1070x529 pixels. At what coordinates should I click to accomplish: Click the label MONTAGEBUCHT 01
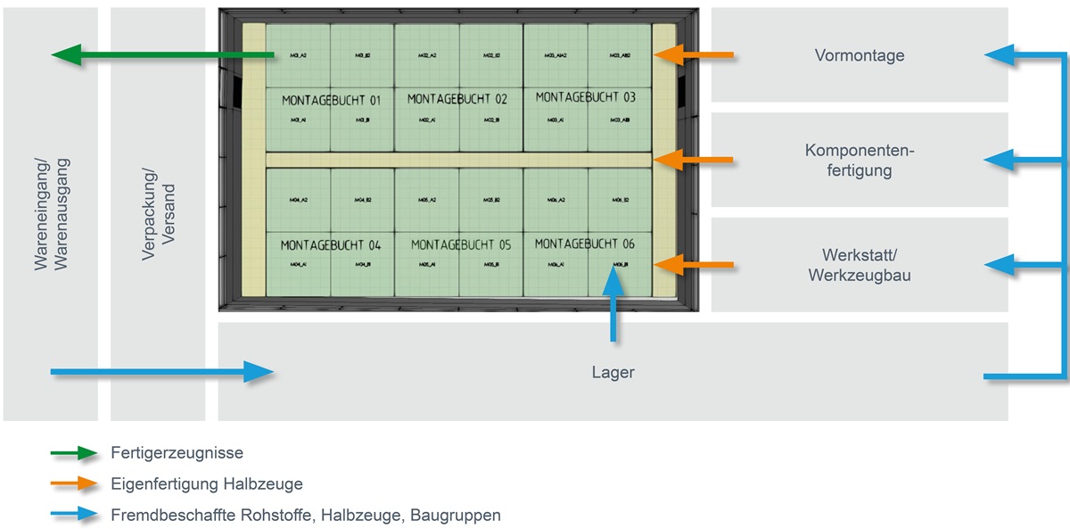click(331, 100)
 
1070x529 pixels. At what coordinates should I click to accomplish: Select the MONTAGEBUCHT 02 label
click(457, 98)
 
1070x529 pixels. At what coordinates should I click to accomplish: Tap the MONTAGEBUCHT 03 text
click(586, 97)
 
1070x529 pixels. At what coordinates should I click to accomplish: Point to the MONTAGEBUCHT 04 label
click(331, 244)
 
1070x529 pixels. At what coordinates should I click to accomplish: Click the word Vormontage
click(860, 55)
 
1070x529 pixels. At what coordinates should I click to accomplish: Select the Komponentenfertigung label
click(860, 160)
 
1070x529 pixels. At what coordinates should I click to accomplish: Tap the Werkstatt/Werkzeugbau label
click(860, 265)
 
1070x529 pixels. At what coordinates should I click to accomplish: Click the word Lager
click(613, 372)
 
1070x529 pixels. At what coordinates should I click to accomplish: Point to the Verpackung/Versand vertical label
click(157, 214)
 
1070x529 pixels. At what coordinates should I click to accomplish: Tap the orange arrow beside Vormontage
click(694, 55)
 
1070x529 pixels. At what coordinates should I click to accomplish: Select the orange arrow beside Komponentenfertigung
click(694, 160)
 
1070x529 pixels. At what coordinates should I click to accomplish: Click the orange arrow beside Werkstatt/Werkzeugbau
click(694, 264)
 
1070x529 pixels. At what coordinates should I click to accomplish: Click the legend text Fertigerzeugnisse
click(177, 453)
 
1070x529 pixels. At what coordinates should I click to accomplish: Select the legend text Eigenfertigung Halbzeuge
click(207, 484)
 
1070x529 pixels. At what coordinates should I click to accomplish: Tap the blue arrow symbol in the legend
click(74, 515)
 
